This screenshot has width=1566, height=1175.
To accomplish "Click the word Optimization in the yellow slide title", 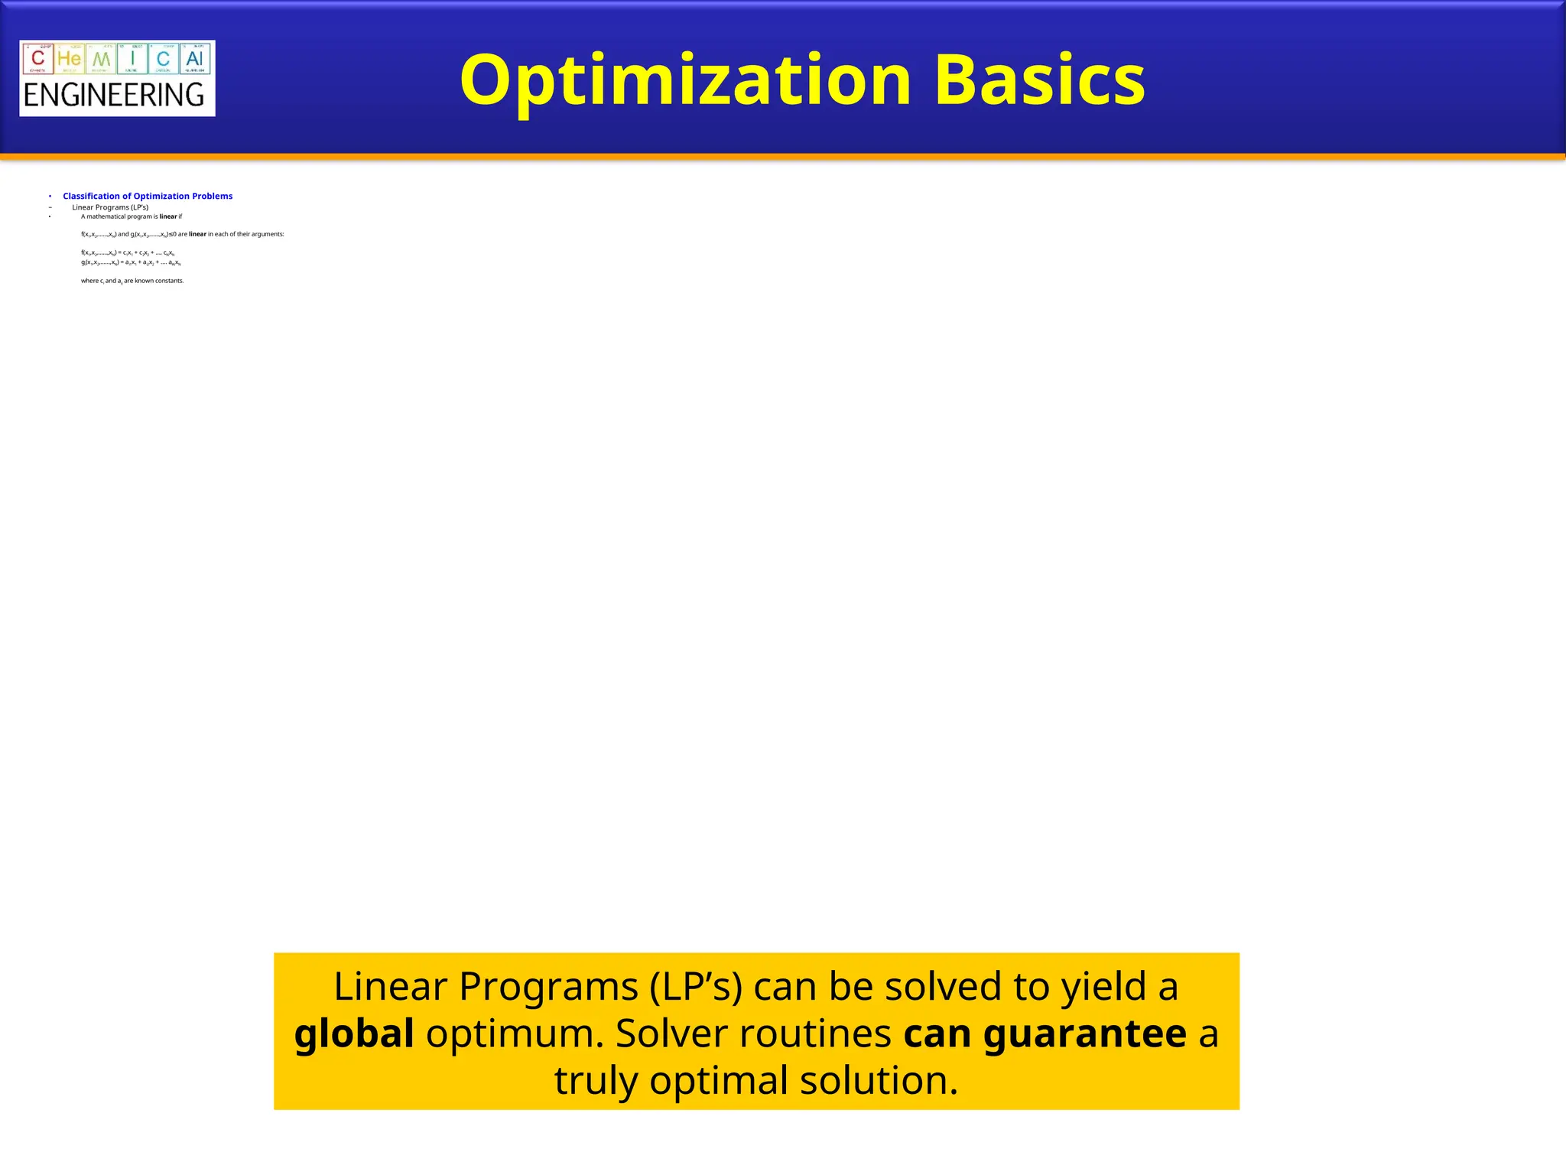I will click(685, 80).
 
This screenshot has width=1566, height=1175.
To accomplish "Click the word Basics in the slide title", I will click(1039, 80).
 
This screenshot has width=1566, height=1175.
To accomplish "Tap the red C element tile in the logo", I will click(38, 59).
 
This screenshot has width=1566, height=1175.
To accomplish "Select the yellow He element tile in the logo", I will click(70, 59).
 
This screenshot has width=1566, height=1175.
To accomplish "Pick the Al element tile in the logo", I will click(194, 59).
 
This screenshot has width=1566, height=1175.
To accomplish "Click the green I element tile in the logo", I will click(132, 59).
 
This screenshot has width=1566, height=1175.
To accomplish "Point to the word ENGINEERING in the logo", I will click(115, 96).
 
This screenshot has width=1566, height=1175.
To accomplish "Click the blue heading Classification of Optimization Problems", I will click(148, 197).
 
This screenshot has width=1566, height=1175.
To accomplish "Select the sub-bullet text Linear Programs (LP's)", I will click(110, 207).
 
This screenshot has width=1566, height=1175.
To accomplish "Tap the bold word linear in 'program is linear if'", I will click(167, 216).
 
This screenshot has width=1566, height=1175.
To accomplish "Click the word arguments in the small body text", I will click(269, 234).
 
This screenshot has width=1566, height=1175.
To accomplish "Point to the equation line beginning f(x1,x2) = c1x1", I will click(128, 252).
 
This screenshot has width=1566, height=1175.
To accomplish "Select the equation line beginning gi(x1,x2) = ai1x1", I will click(131, 262).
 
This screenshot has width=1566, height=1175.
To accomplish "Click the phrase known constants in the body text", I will click(159, 281).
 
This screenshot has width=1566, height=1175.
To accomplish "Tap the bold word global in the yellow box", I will click(354, 1033).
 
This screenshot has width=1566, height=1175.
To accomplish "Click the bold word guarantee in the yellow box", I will click(1084, 1033).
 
